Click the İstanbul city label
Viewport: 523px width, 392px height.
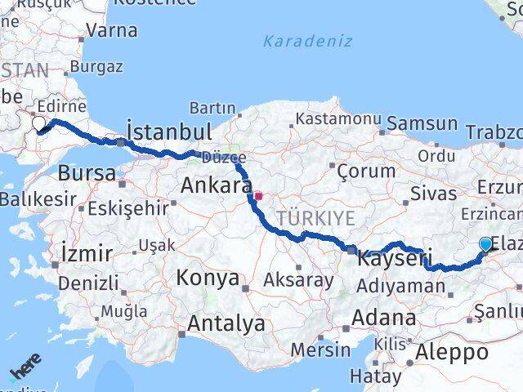170,131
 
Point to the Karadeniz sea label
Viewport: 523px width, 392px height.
308,41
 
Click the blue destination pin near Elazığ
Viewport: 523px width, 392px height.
486,244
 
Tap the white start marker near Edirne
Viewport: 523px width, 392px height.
38,124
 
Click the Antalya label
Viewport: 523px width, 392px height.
226,323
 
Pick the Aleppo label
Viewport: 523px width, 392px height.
452,352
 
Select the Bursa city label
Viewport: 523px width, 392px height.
86,173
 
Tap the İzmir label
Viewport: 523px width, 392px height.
87,253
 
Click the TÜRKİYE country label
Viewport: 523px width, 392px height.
315,218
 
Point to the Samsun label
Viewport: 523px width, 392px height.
422,123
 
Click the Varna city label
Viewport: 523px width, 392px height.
111,31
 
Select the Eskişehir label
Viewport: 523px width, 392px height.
127,207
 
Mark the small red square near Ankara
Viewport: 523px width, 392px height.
258,196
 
